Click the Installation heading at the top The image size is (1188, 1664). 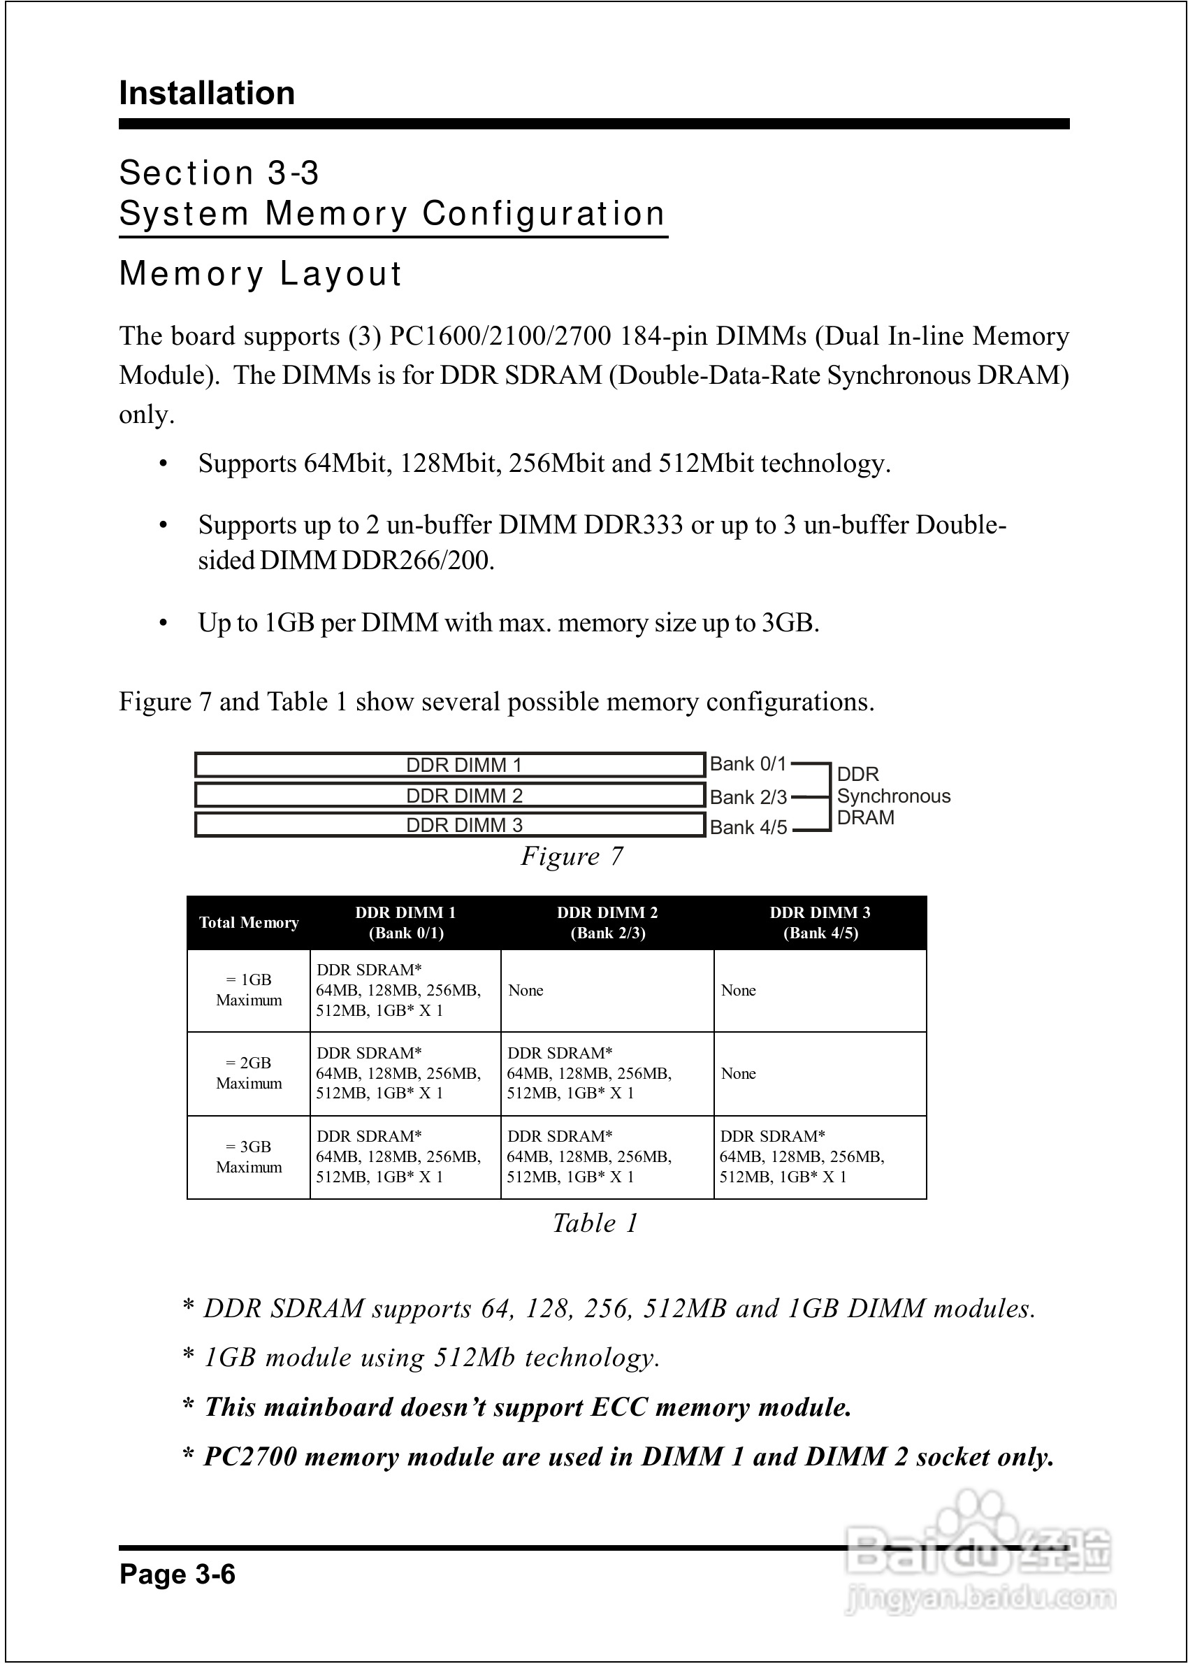[x=207, y=94]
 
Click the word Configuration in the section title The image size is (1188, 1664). [x=544, y=214]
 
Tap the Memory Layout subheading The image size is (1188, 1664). [x=261, y=273]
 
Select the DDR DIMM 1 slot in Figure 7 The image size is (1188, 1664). [x=449, y=765]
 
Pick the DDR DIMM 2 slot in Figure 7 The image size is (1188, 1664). [x=449, y=795]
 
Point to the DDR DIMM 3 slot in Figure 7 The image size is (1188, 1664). [x=449, y=825]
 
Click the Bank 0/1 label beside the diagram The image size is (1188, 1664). [x=748, y=764]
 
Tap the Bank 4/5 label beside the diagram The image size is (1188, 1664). [x=748, y=827]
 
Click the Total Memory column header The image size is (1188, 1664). [x=249, y=923]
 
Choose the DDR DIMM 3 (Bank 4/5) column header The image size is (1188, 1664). [x=820, y=923]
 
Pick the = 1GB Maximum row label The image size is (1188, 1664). [x=249, y=990]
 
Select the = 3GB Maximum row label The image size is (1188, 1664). [x=249, y=1157]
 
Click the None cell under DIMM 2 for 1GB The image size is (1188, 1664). [x=526, y=990]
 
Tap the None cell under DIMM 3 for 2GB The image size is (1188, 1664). [x=738, y=1073]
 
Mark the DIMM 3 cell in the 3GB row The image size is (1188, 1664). [x=802, y=1157]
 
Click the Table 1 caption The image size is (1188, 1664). [x=595, y=1223]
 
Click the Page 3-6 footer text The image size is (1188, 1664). [x=177, y=1574]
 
